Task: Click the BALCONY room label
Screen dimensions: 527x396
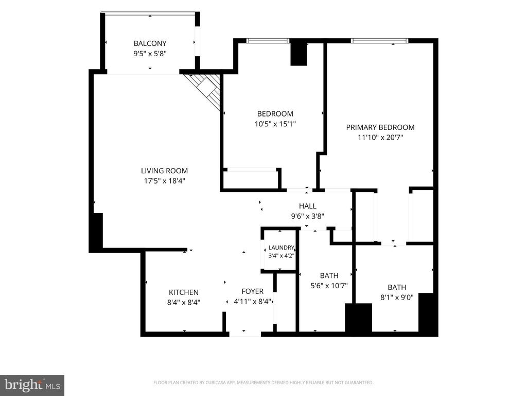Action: (x=150, y=43)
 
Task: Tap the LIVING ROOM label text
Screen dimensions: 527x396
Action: (x=164, y=171)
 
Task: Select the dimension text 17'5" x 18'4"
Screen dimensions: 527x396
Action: (x=164, y=181)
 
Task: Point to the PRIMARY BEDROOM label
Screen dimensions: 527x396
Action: (x=380, y=127)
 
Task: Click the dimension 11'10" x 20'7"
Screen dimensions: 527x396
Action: (x=380, y=137)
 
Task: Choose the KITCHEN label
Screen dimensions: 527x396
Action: (x=184, y=292)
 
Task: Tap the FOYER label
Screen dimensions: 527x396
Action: (x=252, y=291)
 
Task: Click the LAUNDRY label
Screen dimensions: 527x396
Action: (x=282, y=248)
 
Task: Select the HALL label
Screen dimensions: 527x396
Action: (x=308, y=206)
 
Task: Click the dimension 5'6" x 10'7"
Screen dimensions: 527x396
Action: (x=329, y=286)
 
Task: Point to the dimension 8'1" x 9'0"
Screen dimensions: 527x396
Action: (x=397, y=298)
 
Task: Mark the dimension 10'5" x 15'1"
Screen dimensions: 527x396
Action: (x=275, y=124)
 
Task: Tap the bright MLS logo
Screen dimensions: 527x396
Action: (x=32, y=385)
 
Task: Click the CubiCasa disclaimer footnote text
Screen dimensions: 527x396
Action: (x=263, y=383)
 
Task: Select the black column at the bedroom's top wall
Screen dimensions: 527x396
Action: (x=299, y=54)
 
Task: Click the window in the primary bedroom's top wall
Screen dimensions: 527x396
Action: (x=380, y=41)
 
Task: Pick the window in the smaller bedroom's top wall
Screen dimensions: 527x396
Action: (x=268, y=41)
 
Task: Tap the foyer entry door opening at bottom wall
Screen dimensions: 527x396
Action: (x=245, y=334)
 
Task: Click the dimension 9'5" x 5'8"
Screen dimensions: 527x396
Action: (x=150, y=54)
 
